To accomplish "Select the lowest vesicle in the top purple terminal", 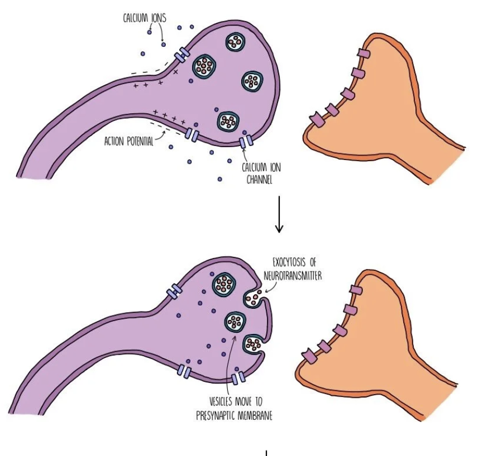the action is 228,120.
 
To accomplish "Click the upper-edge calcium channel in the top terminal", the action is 181,55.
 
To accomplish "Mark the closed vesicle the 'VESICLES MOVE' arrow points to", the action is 236,322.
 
